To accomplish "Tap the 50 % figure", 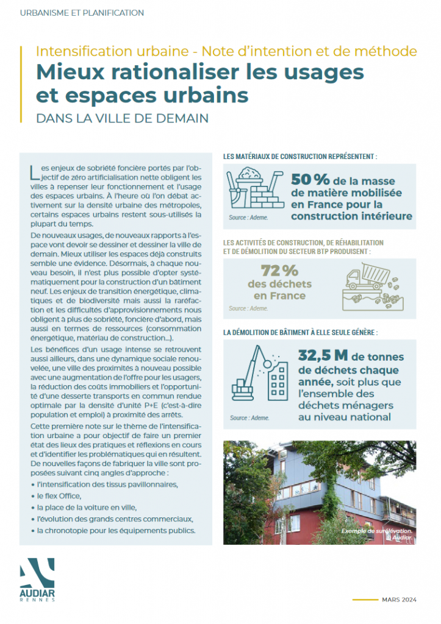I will pos(310,180).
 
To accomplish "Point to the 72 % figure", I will pos(279,270).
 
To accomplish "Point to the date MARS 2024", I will pos(400,600).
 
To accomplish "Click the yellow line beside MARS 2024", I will pos(365,600).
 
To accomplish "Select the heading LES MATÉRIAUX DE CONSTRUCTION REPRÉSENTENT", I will pos(300,157).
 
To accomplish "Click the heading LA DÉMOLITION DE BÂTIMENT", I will pos(300,333).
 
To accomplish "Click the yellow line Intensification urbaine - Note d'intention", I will pos(226,51).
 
